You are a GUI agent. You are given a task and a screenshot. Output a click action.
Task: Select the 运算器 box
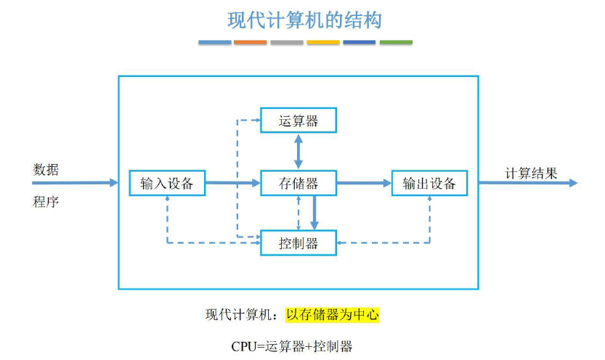click(299, 120)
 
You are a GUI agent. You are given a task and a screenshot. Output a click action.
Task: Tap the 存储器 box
click(299, 183)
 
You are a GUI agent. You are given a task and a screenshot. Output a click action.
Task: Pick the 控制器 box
click(299, 242)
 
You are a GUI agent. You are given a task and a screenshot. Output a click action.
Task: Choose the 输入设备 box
click(167, 183)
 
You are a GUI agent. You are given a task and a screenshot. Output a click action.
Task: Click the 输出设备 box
click(429, 183)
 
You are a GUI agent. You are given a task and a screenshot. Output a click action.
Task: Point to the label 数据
click(46, 170)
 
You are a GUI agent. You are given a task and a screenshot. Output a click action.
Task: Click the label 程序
click(46, 202)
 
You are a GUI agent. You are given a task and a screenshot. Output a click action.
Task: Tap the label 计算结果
click(532, 173)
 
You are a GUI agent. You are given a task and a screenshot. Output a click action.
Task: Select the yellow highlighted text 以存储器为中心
click(332, 315)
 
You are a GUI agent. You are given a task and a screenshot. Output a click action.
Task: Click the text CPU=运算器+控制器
click(292, 346)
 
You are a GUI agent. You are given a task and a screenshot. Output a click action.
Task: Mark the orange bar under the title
click(251, 43)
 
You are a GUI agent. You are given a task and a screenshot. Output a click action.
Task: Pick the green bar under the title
click(396, 43)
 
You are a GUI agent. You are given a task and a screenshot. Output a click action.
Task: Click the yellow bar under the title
click(323, 43)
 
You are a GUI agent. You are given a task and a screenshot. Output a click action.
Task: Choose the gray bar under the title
click(287, 43)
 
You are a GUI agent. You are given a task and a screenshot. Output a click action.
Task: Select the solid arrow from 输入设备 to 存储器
click(232, 183)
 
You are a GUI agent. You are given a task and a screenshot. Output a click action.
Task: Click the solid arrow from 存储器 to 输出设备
click(364, 183)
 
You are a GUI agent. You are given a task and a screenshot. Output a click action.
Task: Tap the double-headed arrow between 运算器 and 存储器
click(299, 152)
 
